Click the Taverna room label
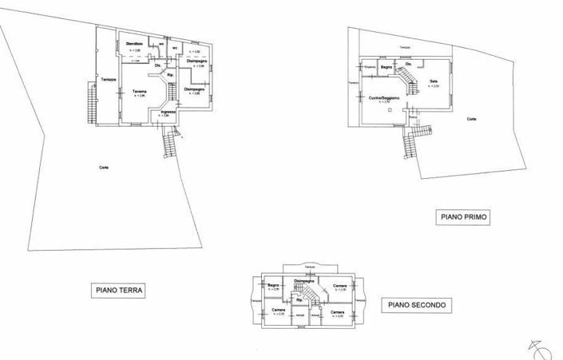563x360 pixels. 140,92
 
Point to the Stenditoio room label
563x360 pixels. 133,43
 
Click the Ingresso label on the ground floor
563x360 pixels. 167,112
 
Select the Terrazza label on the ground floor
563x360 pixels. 109,78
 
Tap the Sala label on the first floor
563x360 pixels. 434,81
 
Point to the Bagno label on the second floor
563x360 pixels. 272,285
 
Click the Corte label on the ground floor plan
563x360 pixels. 104,166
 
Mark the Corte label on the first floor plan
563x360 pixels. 472,119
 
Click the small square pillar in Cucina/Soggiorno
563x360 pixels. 389,112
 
